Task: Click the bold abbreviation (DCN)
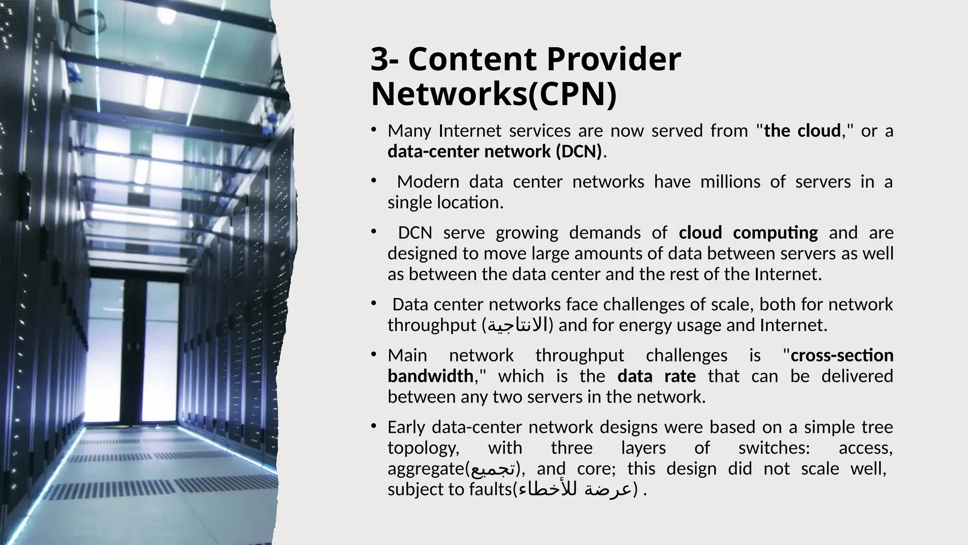(579, 151)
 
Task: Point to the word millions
(730, 182)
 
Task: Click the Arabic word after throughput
(518, 325)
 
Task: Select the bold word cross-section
(842, 355)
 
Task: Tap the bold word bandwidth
(431, 376)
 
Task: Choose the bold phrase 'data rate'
(657, 376)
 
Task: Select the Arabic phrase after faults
(574, 489)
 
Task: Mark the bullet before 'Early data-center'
(373, 427)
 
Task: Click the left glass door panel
(106, 350)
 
